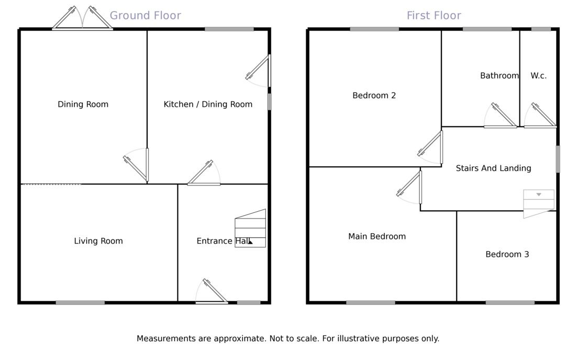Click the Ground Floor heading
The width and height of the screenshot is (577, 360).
(x=145, y=16)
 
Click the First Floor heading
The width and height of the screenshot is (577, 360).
(x=434, y=16)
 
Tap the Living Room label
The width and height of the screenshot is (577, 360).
(x=98, y=241)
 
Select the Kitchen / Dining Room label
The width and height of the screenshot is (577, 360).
(x=208, y=104)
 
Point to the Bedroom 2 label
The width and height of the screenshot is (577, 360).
(x=374, y=95)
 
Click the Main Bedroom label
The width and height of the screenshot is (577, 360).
(x=377, y=236)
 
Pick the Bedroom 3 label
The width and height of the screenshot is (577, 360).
(x=507, y=254)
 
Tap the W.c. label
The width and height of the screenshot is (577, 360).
(x=538, y=75)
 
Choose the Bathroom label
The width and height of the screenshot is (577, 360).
(x=499, y=75)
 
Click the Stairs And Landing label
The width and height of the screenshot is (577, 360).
(x=493, y=168)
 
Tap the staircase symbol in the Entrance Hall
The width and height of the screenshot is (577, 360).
(x=250, y=228)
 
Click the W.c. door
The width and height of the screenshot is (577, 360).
(x=541, y=116)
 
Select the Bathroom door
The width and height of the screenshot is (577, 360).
(x=501, y=116)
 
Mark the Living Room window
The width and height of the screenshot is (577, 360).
(x=80, y=302)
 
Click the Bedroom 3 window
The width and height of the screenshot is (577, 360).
(x=510, y=302)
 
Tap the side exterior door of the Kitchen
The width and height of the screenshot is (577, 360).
(x=260, y=70)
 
